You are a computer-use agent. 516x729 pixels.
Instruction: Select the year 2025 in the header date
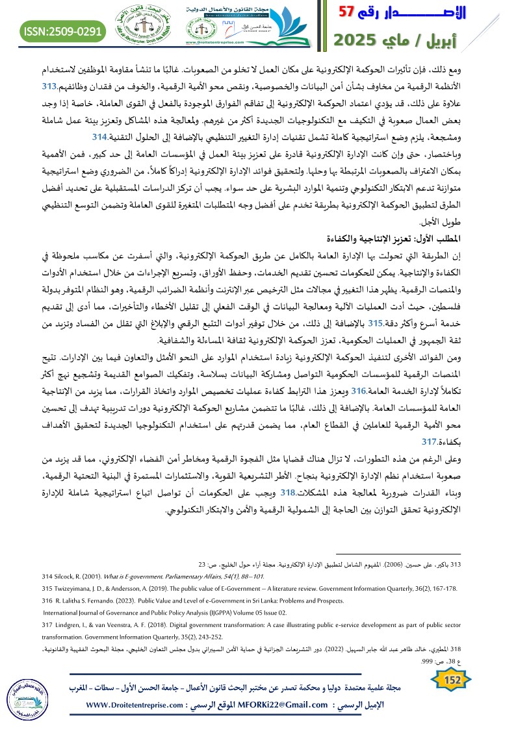[x=358, y=41]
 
